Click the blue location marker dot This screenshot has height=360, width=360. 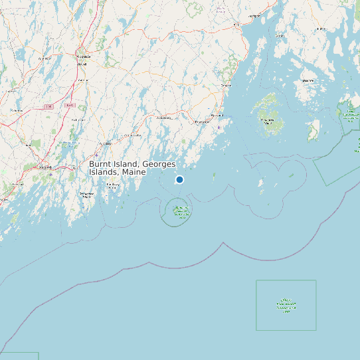pos(179,179)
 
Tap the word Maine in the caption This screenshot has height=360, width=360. pos(134,172)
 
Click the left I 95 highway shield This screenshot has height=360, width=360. pos(48,106)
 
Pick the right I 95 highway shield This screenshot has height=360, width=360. pos(69,105)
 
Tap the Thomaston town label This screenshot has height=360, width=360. pos(201,122)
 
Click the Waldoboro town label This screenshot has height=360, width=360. pos(163,118)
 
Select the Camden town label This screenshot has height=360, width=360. pos(226,86)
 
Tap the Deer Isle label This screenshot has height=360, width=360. pos(308,80)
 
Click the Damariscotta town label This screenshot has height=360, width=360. pos(131,135)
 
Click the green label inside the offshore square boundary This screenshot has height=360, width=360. pos(286,305)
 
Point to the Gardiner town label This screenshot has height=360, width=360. pos(84,80)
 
